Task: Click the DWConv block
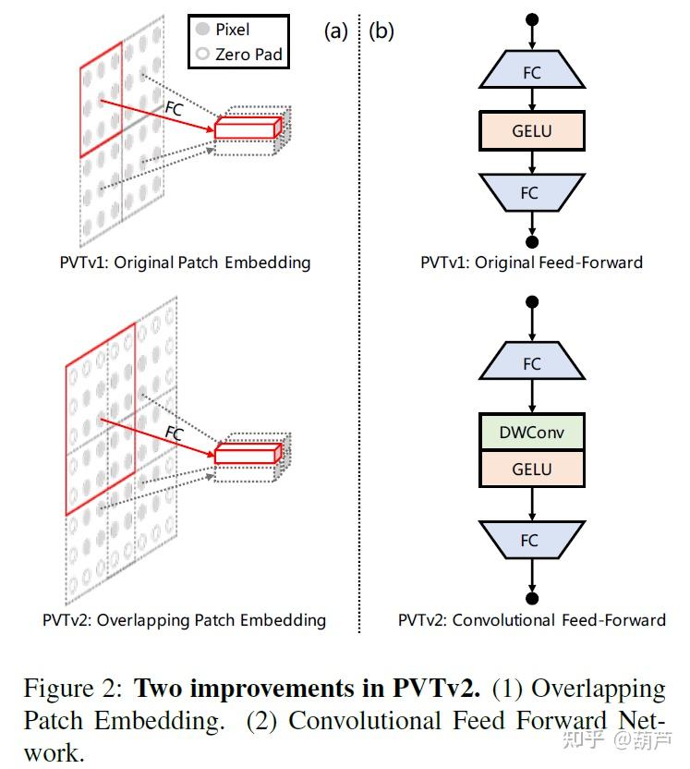pos(531,433)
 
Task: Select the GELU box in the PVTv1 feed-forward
pos(531,131)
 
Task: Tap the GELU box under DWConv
pos(531,469)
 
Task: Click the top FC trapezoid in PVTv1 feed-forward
pos(531,71)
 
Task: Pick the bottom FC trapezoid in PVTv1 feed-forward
pos(531,192)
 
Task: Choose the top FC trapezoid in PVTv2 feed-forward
pos(531,363)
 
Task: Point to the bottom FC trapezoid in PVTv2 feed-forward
pos(531,539)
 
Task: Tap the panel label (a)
pos(335,31)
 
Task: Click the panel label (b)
pos(381,31)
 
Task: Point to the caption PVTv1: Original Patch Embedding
pos(184,262)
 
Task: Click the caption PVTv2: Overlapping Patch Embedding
pos(184,619)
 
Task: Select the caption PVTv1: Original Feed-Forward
pos(531,262)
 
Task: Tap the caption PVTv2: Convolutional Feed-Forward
pos(531,619)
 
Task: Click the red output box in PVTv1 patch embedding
pos(247,128)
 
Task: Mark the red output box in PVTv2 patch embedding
pos(247,453)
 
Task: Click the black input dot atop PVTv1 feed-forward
pos(531,18)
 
